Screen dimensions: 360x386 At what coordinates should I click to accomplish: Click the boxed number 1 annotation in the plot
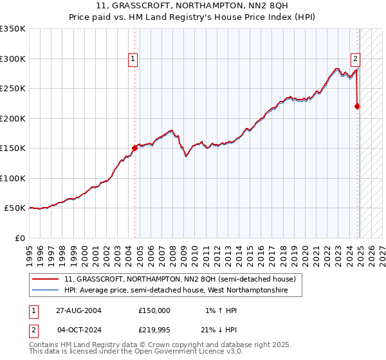point(133,59)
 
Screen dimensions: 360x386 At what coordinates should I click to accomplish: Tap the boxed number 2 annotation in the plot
point(354,59)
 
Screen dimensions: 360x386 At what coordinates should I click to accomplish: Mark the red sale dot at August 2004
point(134,148)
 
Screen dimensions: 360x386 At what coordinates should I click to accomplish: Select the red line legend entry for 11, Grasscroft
point(179,279)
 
